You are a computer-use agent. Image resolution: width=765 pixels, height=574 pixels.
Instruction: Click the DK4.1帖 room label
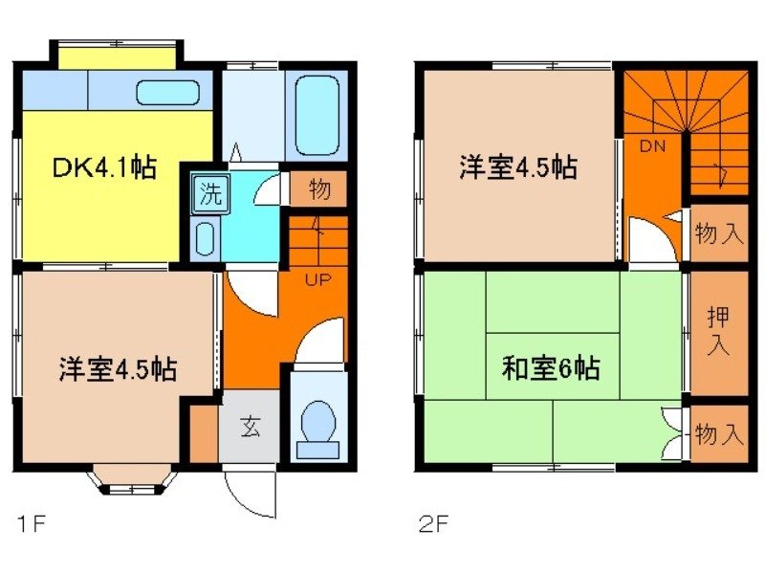point(104,169)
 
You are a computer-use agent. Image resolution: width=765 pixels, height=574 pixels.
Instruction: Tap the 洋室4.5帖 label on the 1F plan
point(118,368)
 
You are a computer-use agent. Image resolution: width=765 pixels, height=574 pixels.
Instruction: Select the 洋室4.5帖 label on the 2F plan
point(517,167)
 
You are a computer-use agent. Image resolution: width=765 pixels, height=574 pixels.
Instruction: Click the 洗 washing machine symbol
point(209,194)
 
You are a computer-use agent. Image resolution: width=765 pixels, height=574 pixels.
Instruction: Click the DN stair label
point(652,146)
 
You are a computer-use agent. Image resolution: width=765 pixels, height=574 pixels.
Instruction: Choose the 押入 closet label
point(717,332)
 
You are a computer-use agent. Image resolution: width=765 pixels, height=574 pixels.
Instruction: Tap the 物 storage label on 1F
point(319,190)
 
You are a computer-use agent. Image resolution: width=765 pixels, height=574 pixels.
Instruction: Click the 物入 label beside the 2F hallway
point(718,233)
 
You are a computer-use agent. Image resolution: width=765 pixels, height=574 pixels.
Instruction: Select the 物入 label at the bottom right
point(718,435)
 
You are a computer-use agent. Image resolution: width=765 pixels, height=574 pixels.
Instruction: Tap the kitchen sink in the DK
point(167,93)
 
